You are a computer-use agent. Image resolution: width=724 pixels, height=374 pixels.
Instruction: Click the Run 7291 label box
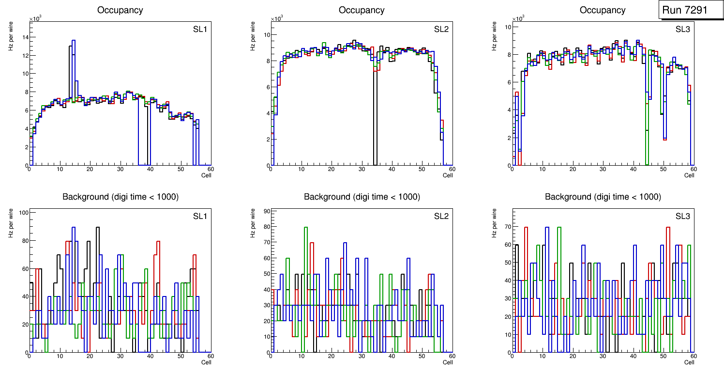point(688,10)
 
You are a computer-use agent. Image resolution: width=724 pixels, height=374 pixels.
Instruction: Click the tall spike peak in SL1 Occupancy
point(73,41)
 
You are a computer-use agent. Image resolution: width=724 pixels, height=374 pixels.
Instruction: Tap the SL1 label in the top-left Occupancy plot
point(200,30)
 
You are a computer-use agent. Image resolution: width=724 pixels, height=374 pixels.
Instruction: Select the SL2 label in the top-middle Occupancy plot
point(441,30)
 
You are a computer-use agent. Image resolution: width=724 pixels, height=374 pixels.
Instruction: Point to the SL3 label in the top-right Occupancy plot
point(682,30)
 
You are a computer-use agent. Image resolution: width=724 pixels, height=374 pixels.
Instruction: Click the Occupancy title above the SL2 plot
point(362,10)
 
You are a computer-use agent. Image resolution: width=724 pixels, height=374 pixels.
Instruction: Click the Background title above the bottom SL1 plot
point(120,197)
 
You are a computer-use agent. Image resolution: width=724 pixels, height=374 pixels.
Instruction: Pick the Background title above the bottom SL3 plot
point(603,197)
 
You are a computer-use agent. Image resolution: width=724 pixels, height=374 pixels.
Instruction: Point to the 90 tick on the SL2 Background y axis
point(265,211)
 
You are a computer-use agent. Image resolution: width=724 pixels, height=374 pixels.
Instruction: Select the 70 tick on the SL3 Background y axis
point(506,226)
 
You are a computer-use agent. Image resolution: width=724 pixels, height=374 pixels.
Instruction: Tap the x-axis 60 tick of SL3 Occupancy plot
point(693,170)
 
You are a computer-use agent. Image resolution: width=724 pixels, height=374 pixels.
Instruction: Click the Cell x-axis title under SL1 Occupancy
point(206,175)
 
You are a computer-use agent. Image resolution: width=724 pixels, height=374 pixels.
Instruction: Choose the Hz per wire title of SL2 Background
point(253,223)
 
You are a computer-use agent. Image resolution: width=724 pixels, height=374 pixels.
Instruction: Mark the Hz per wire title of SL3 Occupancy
point(494,36)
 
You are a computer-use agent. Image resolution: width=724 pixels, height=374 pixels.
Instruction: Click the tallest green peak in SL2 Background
point(305,227)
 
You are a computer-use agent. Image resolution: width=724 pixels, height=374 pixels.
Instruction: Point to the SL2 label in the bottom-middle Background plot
point(441,216)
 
